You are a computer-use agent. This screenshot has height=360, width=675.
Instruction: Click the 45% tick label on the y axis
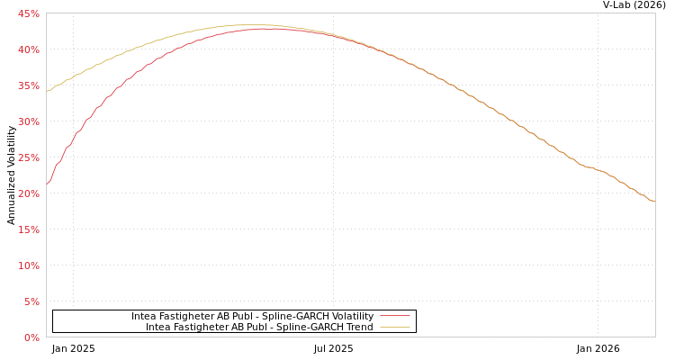point(28,13)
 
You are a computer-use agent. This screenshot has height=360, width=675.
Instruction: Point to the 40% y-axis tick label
point(28,49)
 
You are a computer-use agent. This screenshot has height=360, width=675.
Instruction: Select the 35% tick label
point(28,85)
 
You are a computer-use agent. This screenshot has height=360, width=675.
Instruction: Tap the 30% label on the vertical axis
point(28,121)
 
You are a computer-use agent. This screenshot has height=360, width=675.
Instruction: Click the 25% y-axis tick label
point(28,157)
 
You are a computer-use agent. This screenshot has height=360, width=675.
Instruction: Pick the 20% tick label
point(28,193)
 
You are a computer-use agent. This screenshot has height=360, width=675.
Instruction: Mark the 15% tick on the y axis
point(28,229)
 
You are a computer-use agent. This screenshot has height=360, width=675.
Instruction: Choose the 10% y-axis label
point(28,265)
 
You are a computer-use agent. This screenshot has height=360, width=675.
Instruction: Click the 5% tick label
point(31,301)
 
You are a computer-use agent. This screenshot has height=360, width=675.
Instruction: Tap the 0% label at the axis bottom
point(31,337)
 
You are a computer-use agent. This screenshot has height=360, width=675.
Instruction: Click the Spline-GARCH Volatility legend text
point(252,316)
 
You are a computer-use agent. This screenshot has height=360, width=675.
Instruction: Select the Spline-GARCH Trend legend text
point(259,327)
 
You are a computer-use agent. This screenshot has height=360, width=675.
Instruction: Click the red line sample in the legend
point(394,316)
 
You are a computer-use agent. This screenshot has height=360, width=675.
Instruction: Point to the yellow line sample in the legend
point(394,327)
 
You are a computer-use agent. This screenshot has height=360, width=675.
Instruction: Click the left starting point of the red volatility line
point(47,184)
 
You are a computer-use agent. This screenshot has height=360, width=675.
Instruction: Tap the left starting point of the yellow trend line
point(47,91)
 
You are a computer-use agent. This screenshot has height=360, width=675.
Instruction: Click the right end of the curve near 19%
point(653,200)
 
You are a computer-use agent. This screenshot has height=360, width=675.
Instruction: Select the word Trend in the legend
point(359,327)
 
